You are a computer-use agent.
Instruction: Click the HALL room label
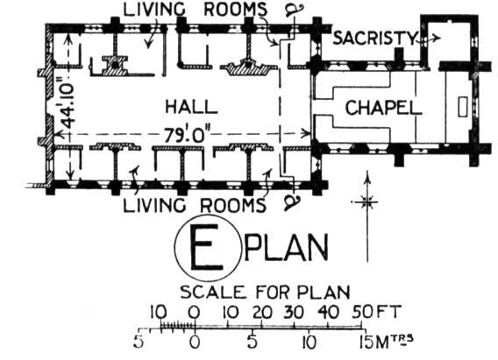191,107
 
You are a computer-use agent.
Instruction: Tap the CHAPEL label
384,108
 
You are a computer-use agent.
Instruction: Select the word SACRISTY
374,38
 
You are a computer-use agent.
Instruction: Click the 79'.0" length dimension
187,135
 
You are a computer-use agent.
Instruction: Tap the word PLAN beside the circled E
286,247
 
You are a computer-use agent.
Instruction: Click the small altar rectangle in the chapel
463,107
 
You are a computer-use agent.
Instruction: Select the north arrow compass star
366,202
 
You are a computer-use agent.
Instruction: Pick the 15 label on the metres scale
366,342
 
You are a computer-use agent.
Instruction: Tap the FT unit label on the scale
388,312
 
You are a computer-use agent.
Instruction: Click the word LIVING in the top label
154,10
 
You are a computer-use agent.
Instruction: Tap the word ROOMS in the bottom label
233,205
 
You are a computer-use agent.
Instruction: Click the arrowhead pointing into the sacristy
437,39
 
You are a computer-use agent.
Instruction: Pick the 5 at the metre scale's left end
139,342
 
